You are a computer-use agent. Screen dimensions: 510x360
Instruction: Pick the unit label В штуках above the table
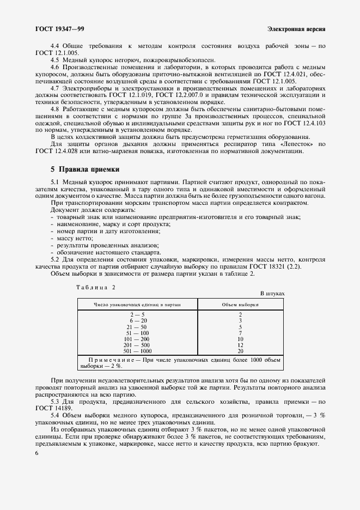(x=272, y=294)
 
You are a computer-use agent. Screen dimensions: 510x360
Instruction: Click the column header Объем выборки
(x=240, y=305)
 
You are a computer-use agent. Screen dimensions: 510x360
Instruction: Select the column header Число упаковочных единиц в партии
(x=137, y=305)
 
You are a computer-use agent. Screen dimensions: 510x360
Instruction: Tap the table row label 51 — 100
(x=137, y=332)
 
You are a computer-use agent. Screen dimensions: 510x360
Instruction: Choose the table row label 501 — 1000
(x=137, y=350)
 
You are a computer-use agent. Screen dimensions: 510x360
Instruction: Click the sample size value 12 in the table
(x=240, y=344)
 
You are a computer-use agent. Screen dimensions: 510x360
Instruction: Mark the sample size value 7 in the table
(x=240, y=332)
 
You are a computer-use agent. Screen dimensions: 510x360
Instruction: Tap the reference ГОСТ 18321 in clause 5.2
(x=270, y=265)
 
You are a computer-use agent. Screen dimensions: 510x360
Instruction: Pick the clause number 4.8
(x=54, y=108)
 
